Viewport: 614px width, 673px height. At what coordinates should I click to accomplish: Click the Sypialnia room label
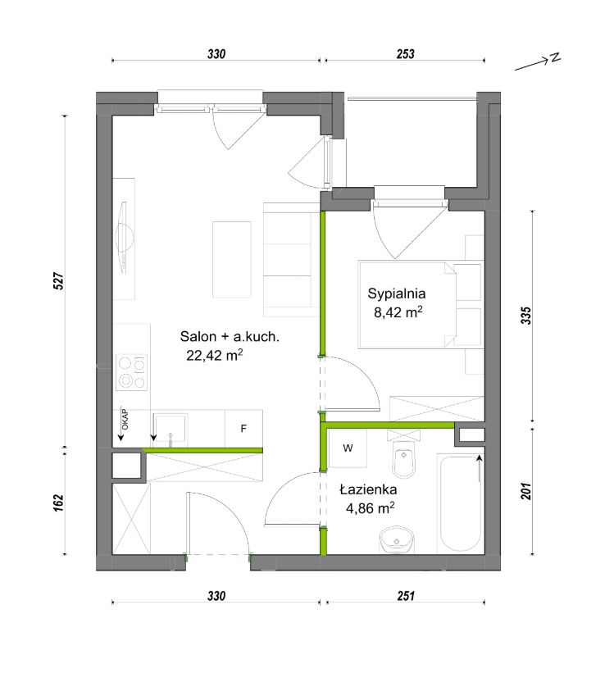point(396,294)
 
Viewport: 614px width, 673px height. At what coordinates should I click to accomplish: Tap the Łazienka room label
point(368,489)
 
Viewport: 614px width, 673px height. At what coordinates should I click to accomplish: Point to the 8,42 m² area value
point(398,312)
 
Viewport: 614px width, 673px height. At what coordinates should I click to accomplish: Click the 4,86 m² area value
point(370,508)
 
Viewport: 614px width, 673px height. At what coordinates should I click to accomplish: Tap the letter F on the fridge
point(243,429)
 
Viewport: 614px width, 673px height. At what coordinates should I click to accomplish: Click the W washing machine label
point(348,448)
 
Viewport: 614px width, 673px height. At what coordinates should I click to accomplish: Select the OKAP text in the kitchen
point(125,420)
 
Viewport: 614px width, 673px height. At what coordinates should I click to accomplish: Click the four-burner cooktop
point(132,372)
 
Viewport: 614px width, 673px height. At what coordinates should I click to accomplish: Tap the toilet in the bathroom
point(403,454)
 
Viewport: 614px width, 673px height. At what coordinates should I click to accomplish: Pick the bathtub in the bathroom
point(460,503)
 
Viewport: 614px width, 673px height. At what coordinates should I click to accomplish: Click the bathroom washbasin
point(397,540)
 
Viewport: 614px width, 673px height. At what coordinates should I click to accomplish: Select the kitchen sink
point(171,428)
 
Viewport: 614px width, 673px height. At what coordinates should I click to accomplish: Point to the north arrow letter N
point(555,57)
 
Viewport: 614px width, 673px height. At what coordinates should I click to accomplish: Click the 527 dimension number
point(59,280)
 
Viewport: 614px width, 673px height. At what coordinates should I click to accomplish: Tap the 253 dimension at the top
point(405,54)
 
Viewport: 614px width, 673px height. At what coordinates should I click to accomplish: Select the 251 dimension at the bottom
point(405,596)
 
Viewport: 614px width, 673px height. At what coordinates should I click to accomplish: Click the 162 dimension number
point(59,502)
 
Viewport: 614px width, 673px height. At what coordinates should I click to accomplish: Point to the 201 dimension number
point(526,492)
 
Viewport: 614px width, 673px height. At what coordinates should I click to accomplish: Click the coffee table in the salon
point(232,260)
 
